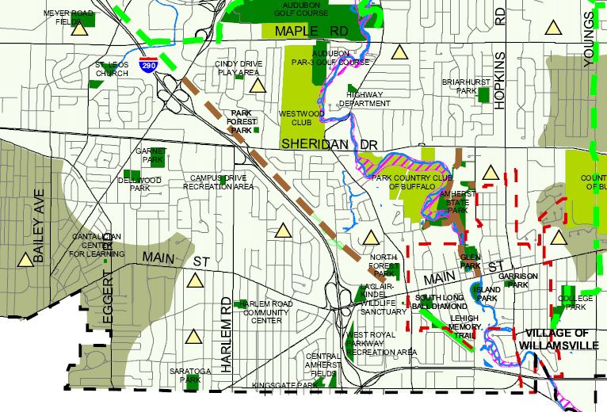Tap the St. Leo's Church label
pyautogui.click(x=112, y=69)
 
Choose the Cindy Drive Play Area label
pyautogui.click(x=238, y=68)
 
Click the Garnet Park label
pyautogui.click(x=148, y=154)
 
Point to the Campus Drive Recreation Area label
pyautogui.click(x=218, y=182)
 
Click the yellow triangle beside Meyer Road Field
pyautogui.click(x=78, y=30)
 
